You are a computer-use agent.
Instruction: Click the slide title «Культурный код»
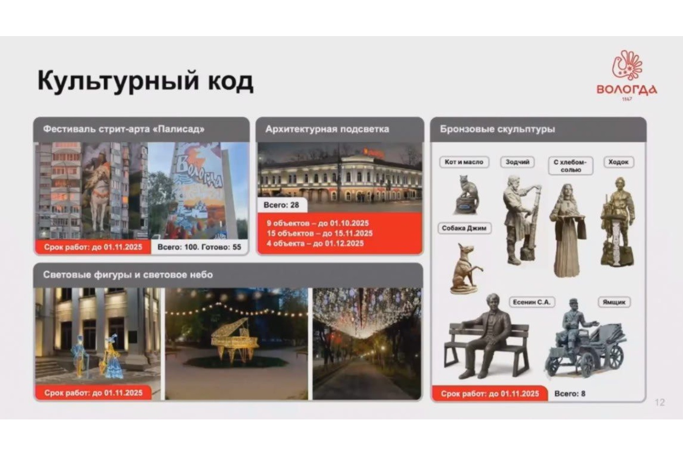145,81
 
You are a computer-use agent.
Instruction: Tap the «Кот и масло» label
463,162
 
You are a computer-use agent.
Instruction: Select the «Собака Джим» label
464,228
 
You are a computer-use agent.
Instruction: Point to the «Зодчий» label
517,162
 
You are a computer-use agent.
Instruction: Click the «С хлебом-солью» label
570,166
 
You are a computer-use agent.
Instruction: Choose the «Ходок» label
619,162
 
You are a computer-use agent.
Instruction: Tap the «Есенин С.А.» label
531,302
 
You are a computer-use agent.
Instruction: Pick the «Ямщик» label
614,302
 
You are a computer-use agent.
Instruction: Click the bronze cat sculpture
467,195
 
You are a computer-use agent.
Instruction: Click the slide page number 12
660,402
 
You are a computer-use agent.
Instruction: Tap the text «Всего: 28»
281,205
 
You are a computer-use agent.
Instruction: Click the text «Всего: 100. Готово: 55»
199,247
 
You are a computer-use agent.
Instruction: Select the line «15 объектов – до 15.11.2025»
320,234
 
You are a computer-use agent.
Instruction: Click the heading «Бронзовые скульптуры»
497,129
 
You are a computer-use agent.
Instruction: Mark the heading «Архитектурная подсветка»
327,129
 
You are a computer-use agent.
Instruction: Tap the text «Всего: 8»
570,394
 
